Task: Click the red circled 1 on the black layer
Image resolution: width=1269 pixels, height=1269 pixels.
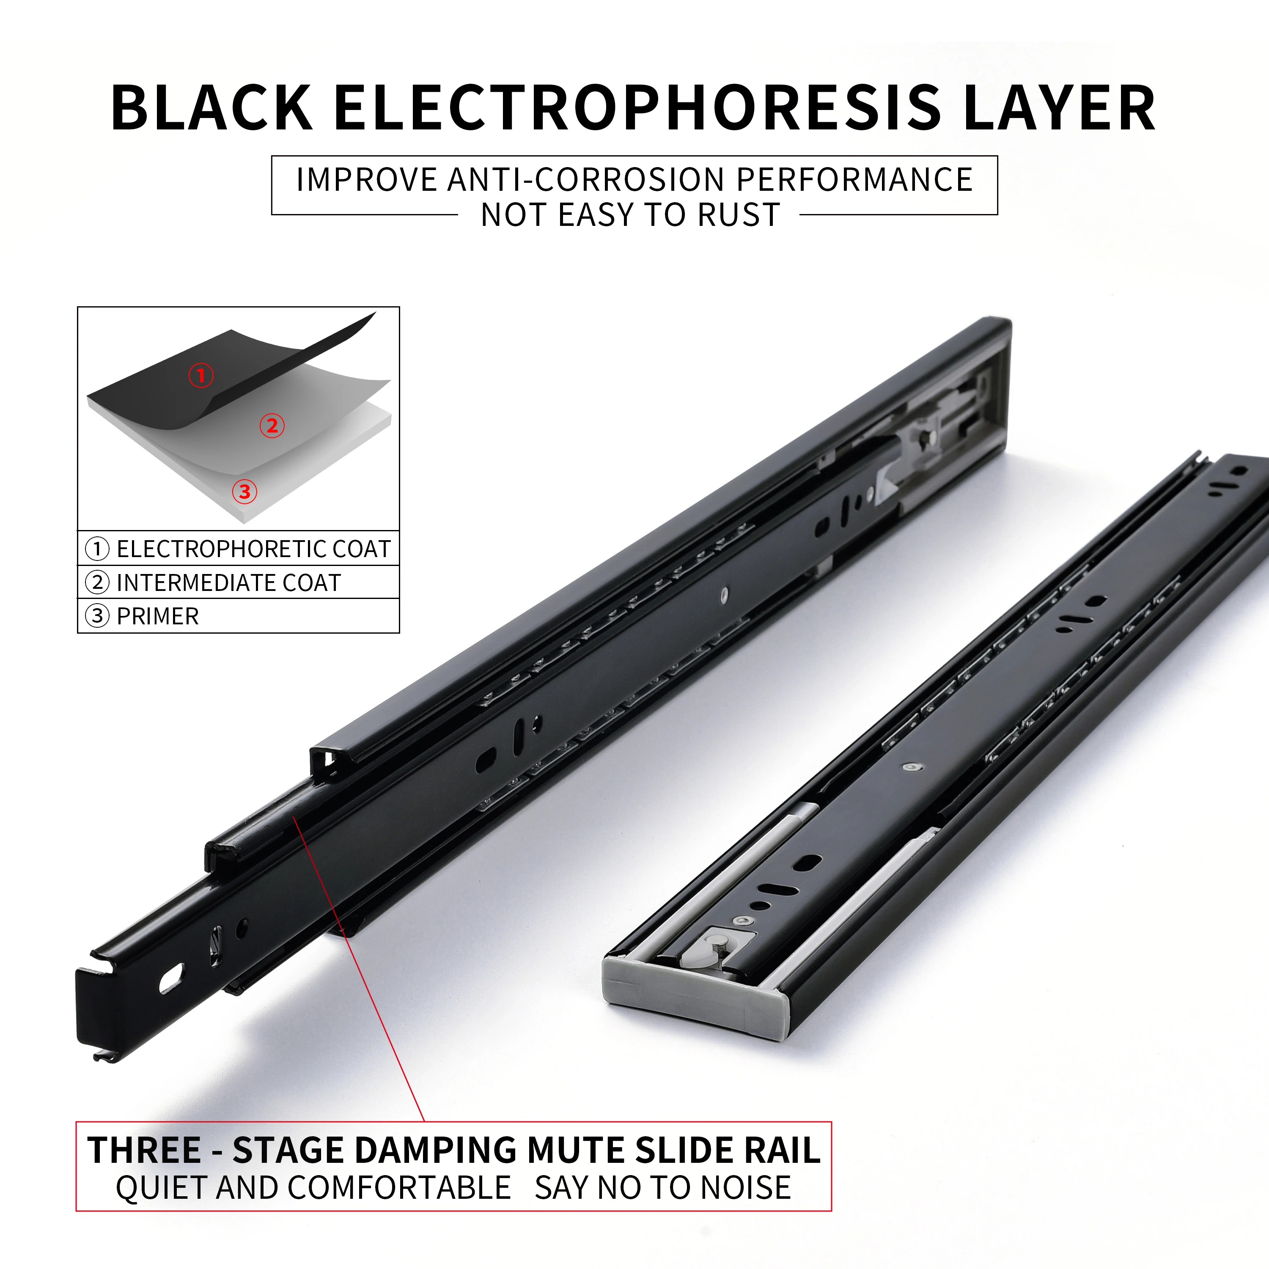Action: coord(201,376)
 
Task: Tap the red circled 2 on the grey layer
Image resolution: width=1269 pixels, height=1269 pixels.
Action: coord(272,426)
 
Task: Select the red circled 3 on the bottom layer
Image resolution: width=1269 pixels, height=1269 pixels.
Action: coord(244,491)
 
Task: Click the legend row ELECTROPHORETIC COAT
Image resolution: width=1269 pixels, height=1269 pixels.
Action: coord(253,549)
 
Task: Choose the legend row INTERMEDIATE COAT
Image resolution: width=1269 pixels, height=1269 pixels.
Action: coord(228,582)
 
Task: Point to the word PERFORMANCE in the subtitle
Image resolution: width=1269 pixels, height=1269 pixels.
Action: coord(854,180)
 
